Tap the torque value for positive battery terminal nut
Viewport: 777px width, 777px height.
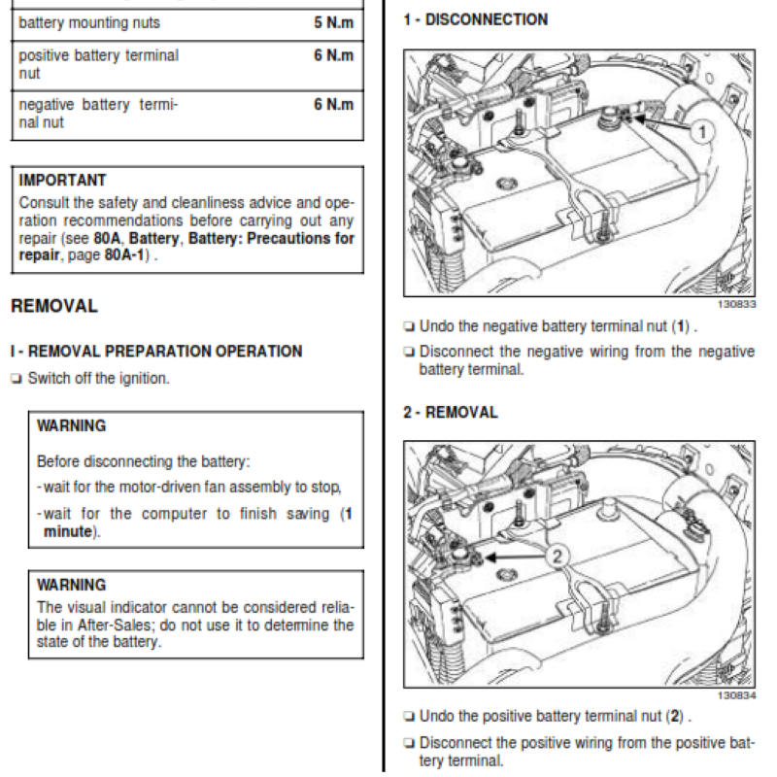pyautogui.click(x=333, y=55)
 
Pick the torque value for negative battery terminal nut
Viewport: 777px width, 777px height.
pyautogui.click(x=333, y=103)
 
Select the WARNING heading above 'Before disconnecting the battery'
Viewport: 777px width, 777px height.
pyautogui.click(x=71, y=425)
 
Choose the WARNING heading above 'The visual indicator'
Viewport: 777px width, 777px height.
pyautogui.click(x=71, y=585)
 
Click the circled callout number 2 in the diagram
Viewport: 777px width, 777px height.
pyautogui.click(x=556, y=557)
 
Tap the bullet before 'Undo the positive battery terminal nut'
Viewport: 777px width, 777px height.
pyautogui.click(x=409, y=717)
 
